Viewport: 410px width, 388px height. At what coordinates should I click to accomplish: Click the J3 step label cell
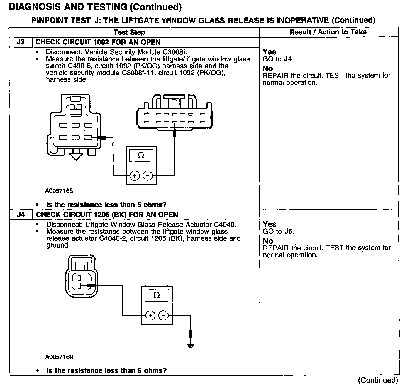21,42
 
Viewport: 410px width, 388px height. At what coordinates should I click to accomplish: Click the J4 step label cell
21,215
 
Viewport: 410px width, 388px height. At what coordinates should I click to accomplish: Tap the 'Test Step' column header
129,32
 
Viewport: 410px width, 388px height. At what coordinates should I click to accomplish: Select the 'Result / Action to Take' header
328,32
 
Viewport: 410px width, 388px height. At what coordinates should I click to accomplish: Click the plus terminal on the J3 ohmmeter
135,176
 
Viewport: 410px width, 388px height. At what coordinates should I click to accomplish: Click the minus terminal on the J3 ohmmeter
148,176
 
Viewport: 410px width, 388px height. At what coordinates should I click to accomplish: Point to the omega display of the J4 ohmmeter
157,295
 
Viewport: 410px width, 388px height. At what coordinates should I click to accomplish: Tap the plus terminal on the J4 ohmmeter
150,315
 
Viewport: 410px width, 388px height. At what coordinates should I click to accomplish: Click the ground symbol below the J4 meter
191,345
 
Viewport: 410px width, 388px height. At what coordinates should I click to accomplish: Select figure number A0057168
59,191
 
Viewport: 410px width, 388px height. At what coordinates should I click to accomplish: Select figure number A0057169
59,357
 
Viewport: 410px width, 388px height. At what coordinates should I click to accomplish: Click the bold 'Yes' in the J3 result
269,52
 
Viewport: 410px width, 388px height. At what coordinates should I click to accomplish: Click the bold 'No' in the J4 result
268,241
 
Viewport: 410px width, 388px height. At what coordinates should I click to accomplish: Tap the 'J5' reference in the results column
289,231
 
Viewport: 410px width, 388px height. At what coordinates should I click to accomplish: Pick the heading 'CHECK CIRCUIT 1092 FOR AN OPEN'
98,42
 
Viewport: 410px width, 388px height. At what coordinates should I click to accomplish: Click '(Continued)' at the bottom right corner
378,380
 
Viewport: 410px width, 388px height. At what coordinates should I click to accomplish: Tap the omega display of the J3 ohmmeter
141,156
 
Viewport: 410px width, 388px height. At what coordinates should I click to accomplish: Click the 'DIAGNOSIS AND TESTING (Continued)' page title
95,7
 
